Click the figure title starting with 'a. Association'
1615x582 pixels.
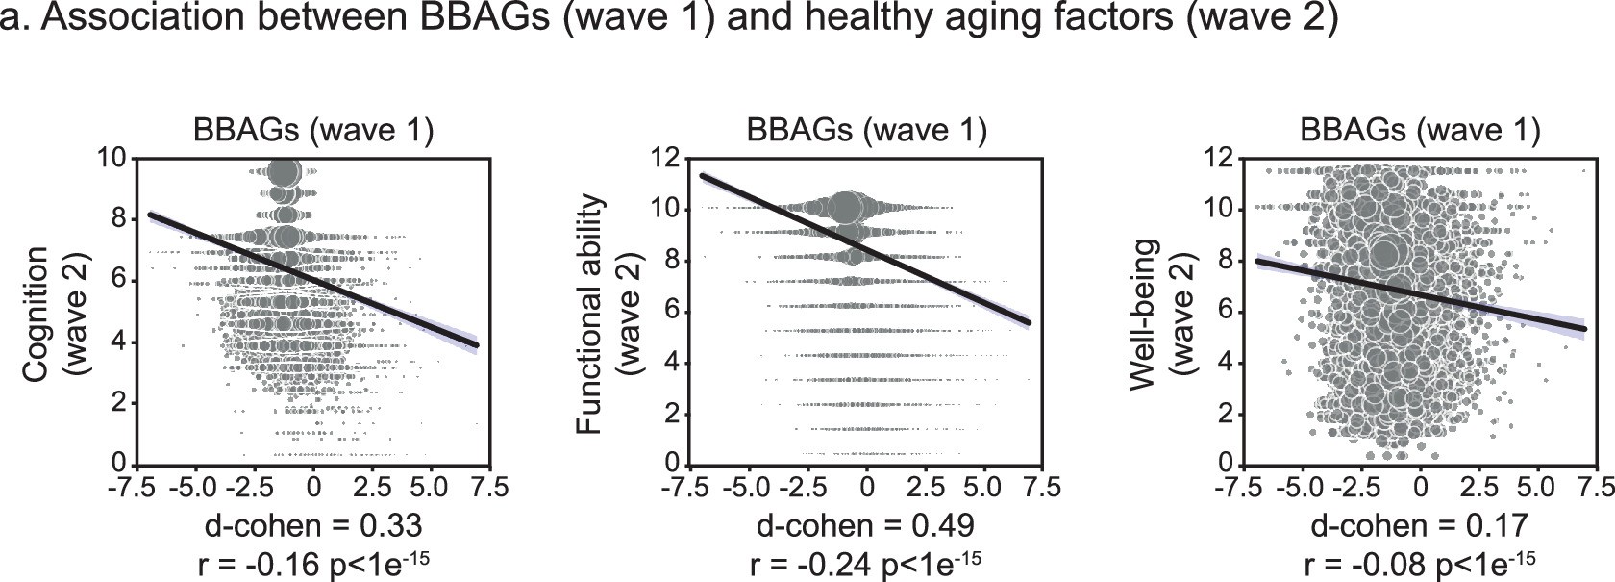coord(670,19)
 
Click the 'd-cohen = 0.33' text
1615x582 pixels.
coord(313,525)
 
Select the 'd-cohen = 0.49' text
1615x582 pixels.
coord(865,525)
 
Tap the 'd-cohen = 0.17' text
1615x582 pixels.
coord(1419,525)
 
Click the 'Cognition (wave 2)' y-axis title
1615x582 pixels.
coord(56,313)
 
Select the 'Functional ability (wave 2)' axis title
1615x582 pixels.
coord(609,313)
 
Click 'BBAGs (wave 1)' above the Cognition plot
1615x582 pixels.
coord(313,130)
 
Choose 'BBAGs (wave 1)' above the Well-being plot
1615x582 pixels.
coord(1419,130)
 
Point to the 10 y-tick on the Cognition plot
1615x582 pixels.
coord(113,158)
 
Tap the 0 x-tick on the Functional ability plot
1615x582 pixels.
coord(867,486)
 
